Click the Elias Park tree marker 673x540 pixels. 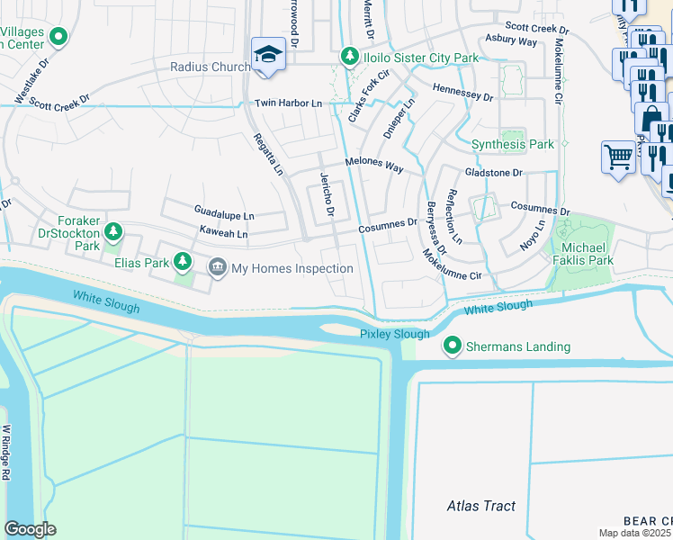183,262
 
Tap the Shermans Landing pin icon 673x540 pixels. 452,346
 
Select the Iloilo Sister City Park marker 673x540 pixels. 349,58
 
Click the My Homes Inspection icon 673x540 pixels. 217,267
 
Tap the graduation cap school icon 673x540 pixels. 268,55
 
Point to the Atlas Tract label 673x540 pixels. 481,506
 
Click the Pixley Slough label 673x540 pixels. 395,334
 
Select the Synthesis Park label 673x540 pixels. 513,144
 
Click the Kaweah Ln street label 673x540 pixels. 223,234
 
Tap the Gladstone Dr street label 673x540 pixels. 493,173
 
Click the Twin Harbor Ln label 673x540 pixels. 288,104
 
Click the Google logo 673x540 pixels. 31,529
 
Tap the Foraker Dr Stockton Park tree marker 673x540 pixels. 113,233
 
